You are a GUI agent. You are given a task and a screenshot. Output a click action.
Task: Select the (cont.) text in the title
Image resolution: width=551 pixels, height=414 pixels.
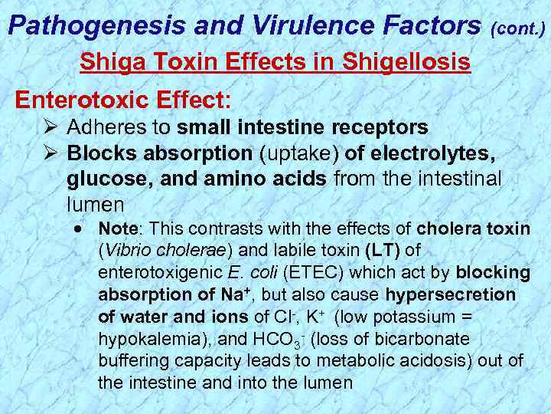point(519,29)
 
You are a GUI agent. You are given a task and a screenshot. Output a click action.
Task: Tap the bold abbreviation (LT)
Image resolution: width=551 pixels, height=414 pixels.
point(383,250)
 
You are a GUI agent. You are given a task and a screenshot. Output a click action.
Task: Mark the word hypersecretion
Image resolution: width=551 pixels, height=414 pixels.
point(450,294)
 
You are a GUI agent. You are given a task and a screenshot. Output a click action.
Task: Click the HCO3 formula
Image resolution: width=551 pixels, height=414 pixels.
point(268,339)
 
